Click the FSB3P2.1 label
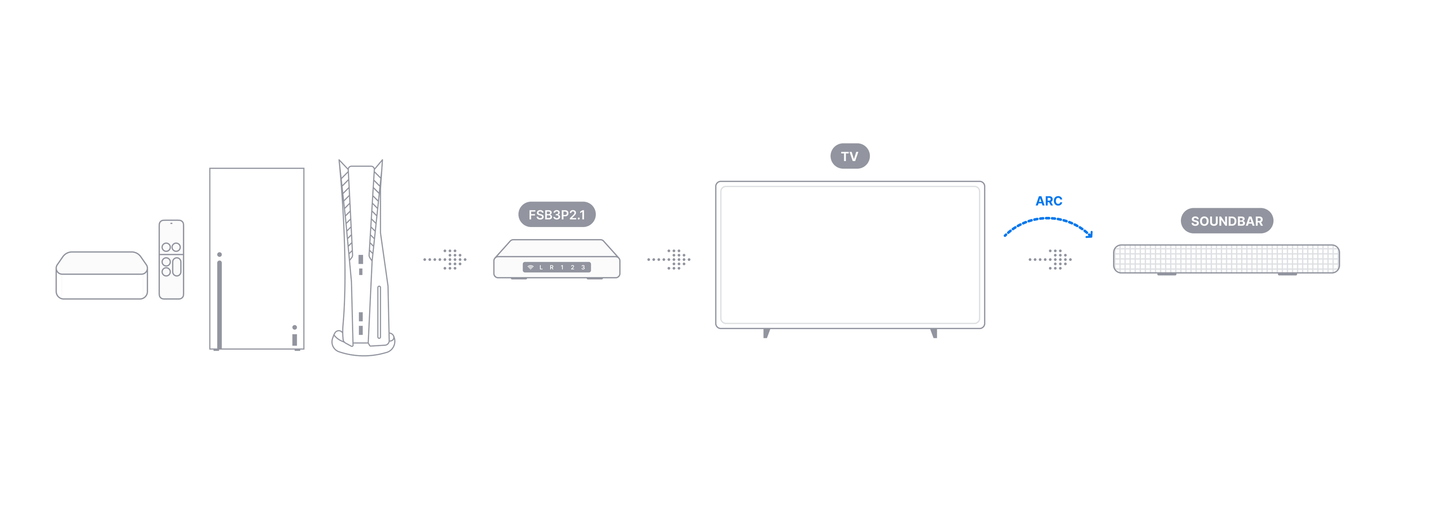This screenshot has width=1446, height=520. [x=556, y=215]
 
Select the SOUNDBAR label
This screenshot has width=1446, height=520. [x=1226, y=221]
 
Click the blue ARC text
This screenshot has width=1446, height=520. [x=1049, y=200]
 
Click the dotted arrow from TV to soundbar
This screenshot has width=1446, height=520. [x=1050, y=259]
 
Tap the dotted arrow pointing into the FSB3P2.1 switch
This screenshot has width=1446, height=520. [x=445, y=259]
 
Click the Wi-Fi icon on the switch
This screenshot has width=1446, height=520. [x=531, y=267]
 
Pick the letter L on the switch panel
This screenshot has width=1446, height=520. [x=541, y=267]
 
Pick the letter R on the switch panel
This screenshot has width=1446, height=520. [x=552, y=267]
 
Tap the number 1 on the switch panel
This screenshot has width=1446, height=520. [x=562, y=267]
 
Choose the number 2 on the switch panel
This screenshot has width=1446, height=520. [x=572, y=267]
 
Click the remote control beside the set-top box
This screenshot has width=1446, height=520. [x=171, y=259]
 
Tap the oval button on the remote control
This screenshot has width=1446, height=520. [x=176, y=267]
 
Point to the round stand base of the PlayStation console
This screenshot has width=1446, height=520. [x=363, y=345]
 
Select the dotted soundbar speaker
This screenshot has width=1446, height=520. [x=1226, y=259]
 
